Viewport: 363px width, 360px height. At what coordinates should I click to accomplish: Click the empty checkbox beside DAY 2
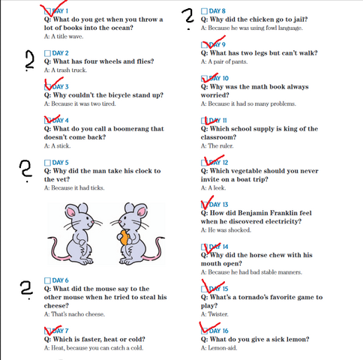47,53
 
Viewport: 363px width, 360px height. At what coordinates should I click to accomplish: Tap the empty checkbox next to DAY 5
47,163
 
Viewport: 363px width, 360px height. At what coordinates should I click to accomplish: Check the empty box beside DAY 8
204,11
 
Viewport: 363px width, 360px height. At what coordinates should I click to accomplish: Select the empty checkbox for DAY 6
47,280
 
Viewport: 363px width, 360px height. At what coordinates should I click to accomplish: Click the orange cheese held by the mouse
124,238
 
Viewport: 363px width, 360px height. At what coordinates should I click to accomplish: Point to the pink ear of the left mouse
71,212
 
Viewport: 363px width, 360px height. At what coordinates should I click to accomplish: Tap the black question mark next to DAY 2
30,61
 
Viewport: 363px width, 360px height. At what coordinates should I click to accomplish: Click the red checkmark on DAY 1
54,8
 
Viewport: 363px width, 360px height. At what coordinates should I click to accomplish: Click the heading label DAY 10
219,79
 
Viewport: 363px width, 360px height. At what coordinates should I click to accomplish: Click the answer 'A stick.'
57,145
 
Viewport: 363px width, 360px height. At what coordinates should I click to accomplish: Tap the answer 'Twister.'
214,314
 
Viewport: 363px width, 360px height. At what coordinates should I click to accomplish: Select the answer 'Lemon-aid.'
219,348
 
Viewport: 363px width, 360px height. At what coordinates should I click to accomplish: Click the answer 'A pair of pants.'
224,61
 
